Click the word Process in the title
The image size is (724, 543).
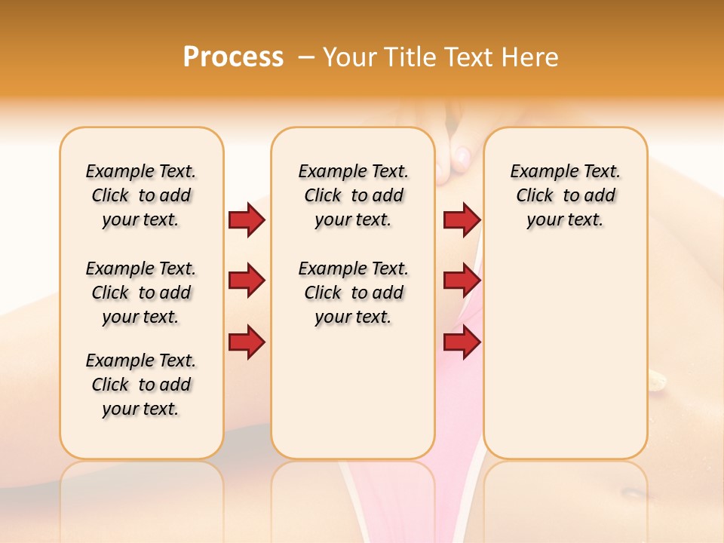pos(233,57)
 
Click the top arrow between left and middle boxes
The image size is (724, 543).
pos(247,219)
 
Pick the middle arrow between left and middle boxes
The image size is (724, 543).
pos(247,281)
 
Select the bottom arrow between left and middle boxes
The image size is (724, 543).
pos(247,342)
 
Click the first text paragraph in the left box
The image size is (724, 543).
pos(141,195)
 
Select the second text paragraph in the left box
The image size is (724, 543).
pos(141,293)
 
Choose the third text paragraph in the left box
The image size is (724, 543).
pos(141,385)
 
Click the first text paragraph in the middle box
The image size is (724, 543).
pos(354,195)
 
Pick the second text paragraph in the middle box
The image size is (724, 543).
pos(354,293)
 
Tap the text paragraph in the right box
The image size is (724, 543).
pos(566,195)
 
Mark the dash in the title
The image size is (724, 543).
pos(306,57)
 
